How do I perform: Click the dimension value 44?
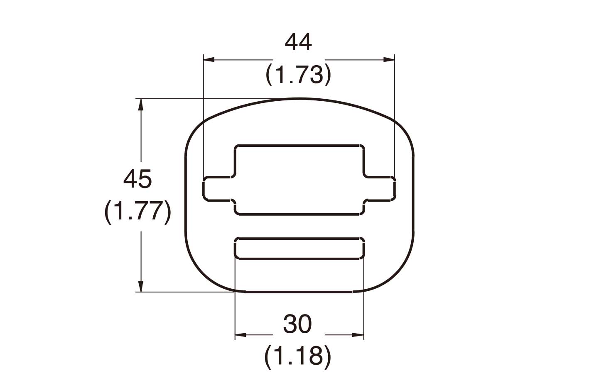[298, 42]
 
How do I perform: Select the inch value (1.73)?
[298, 75]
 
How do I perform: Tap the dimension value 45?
[137, 179]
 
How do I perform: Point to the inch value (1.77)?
[137, 212]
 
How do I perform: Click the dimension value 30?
[297, 324]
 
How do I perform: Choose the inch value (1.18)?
[297, 356]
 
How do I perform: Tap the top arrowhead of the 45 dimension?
[141, 105]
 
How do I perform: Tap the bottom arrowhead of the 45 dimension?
[141, 286]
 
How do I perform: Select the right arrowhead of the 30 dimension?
[358, 335]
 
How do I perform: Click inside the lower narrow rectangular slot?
[299, 249]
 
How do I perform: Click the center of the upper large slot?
[299, 180]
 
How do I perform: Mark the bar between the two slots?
[299, 227]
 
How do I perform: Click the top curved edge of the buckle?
[299, 99]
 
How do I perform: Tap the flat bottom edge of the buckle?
[299, 292]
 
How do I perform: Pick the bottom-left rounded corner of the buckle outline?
[200, 274]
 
